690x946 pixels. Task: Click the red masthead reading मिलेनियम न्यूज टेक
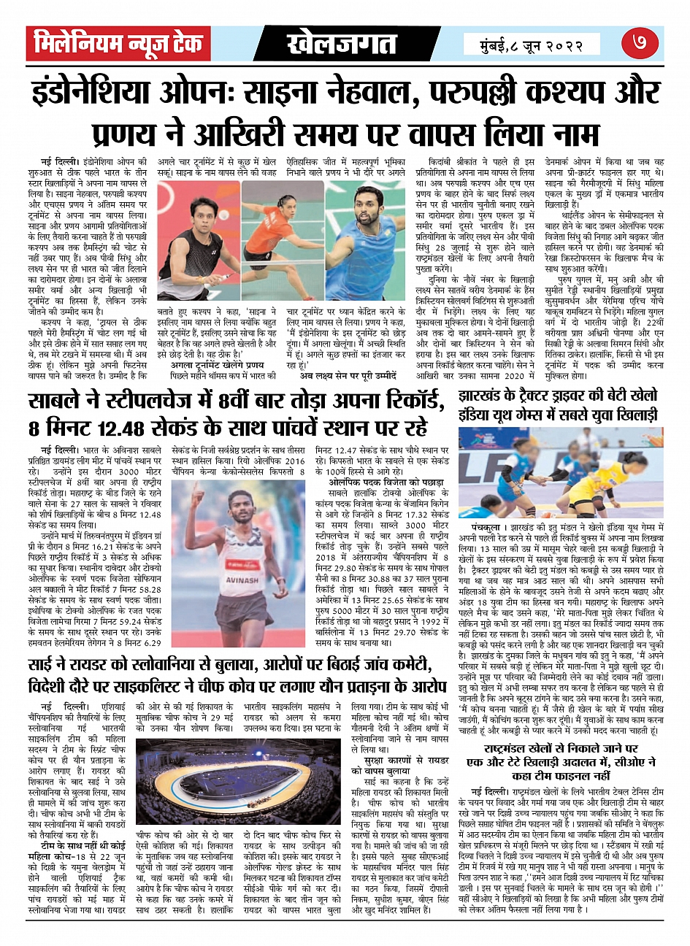click(x=118, y=45)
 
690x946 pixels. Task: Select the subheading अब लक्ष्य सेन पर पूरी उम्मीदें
click(x=347, y=375)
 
